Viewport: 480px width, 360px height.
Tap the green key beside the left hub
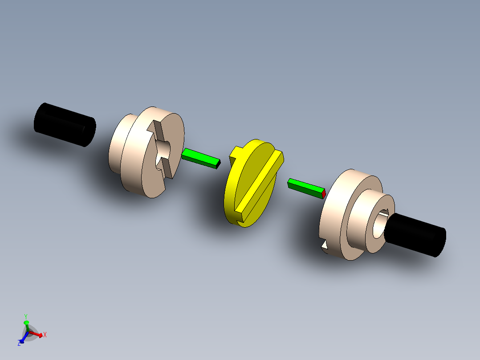[200, 159]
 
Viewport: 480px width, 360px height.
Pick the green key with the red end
[305, 187]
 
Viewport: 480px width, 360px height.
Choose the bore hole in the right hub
[379, 225]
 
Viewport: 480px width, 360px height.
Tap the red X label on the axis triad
[45, 335]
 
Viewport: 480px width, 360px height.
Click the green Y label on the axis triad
[26, 316]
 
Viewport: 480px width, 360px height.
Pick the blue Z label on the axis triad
[20, 343]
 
